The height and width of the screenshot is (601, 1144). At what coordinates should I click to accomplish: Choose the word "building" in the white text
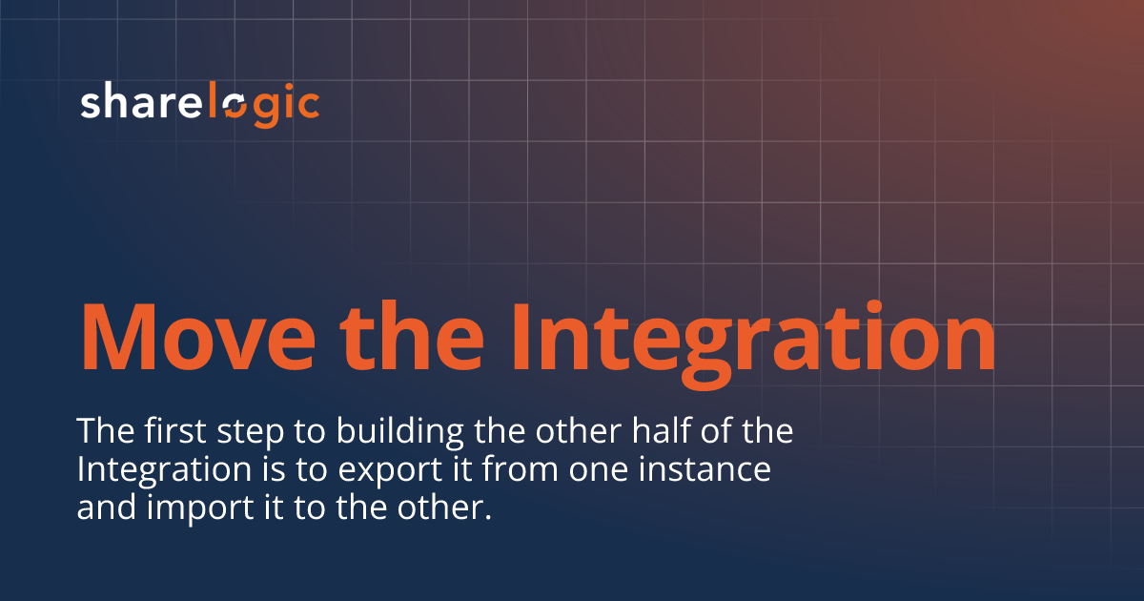click(x=388, y=431)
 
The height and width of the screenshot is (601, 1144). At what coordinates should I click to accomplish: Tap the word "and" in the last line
click(x=106, y=508)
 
